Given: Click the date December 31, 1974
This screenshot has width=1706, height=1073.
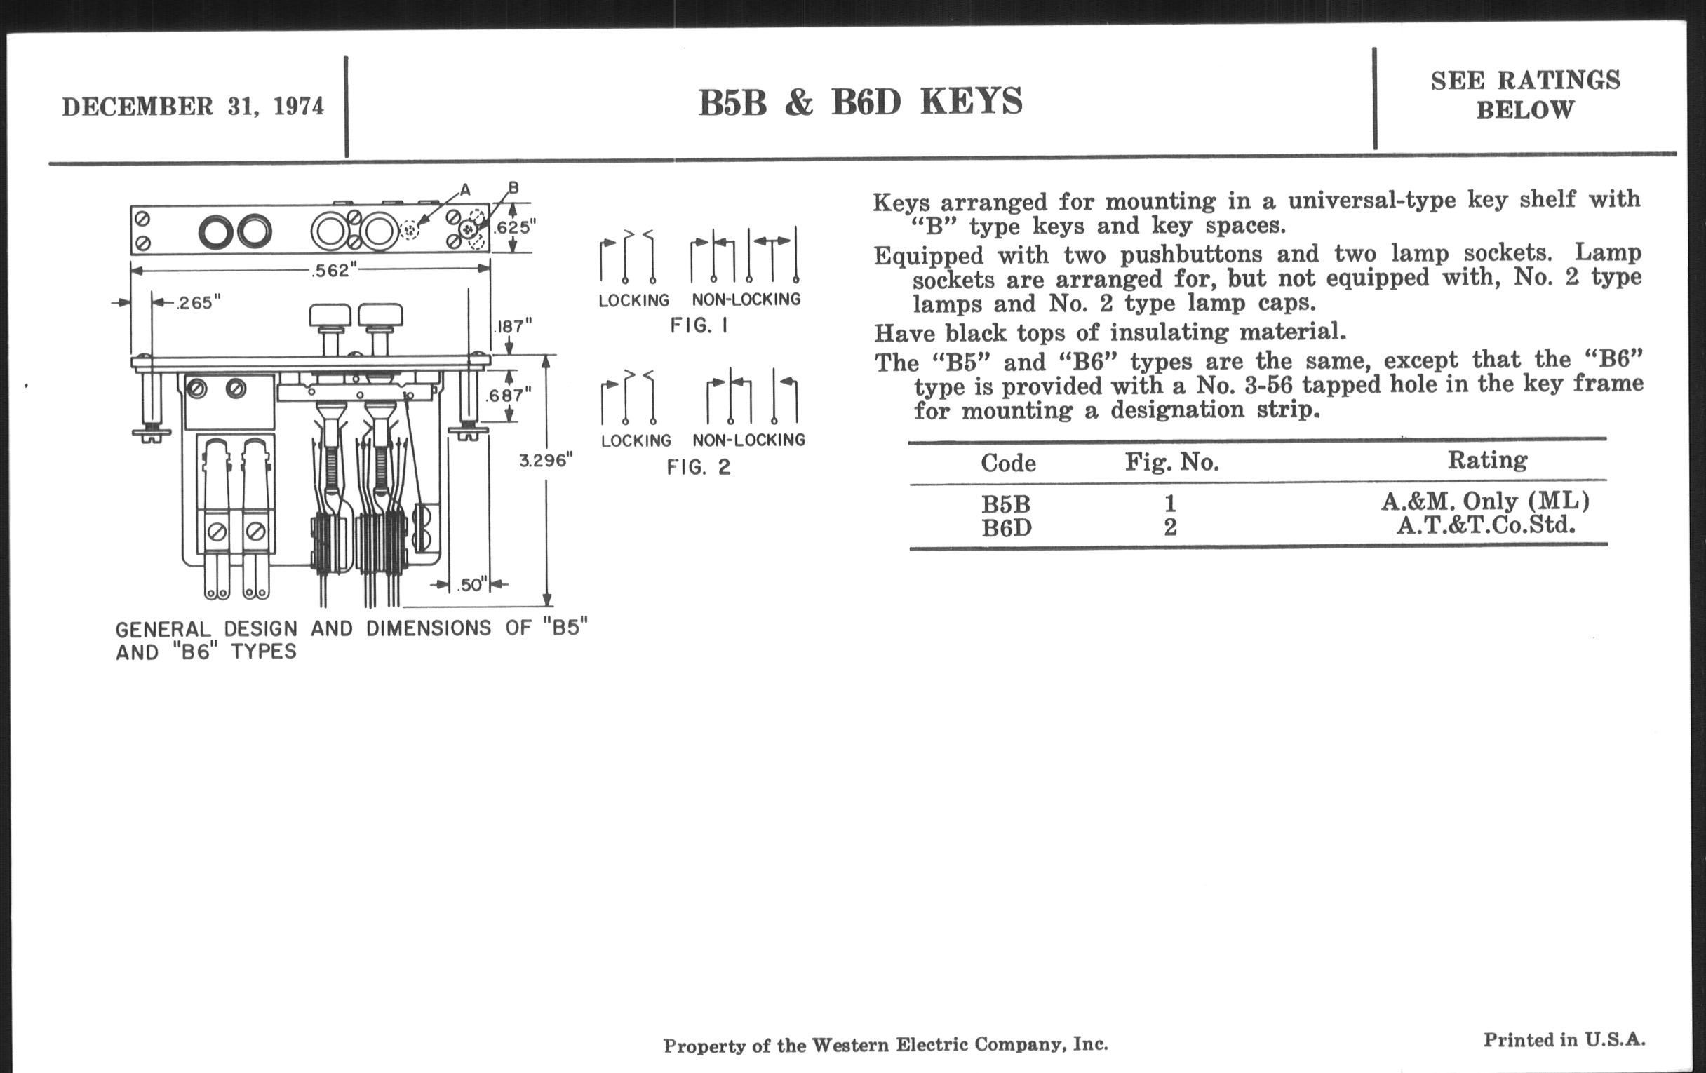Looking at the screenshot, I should point(193,106).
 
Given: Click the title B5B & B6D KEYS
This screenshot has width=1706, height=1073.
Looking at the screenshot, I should point(860,102).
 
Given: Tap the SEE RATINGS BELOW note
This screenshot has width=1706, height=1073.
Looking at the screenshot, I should point(1524,95).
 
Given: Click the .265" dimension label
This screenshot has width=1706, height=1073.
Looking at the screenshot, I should point(199,303).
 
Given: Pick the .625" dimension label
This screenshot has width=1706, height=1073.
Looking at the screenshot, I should point(515,227).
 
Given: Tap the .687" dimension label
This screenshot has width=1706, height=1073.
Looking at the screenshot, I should point(508,396).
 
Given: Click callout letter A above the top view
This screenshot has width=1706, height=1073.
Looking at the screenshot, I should point(465,189).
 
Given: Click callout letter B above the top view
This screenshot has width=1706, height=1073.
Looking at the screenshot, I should point(513,188).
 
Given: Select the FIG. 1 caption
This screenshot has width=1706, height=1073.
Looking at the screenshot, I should point(699,326).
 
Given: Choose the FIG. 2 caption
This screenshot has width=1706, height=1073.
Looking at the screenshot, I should point(698,468).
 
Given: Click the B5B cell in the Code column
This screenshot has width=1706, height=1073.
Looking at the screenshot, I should point(1005,504).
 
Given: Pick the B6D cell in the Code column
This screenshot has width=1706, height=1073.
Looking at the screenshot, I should point(1006,528).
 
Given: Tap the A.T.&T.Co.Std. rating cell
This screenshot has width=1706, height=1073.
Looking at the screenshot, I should point(1486,525).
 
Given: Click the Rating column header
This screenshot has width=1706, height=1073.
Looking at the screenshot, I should point(1487,460).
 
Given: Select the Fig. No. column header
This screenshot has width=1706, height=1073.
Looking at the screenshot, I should point(1171,462).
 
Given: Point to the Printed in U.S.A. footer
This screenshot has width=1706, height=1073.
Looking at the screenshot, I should point(1564,1040).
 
